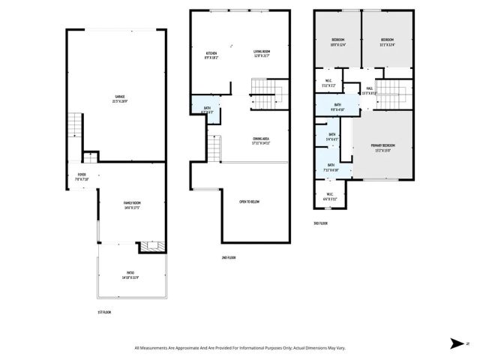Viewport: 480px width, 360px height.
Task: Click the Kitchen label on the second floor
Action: [212, 54]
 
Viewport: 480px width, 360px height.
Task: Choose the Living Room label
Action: [261, 54]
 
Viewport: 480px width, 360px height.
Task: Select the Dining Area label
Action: [260, 140]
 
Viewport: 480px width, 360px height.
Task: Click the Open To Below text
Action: [250, 202]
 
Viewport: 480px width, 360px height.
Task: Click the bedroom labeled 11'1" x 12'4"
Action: [387, 43]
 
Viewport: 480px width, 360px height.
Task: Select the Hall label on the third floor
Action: [370, 91]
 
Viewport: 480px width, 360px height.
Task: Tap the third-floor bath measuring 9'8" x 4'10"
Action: [338, 106]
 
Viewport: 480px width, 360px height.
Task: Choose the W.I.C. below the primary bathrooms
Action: [328, 197]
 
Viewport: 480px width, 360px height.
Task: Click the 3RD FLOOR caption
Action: [321, 223]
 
